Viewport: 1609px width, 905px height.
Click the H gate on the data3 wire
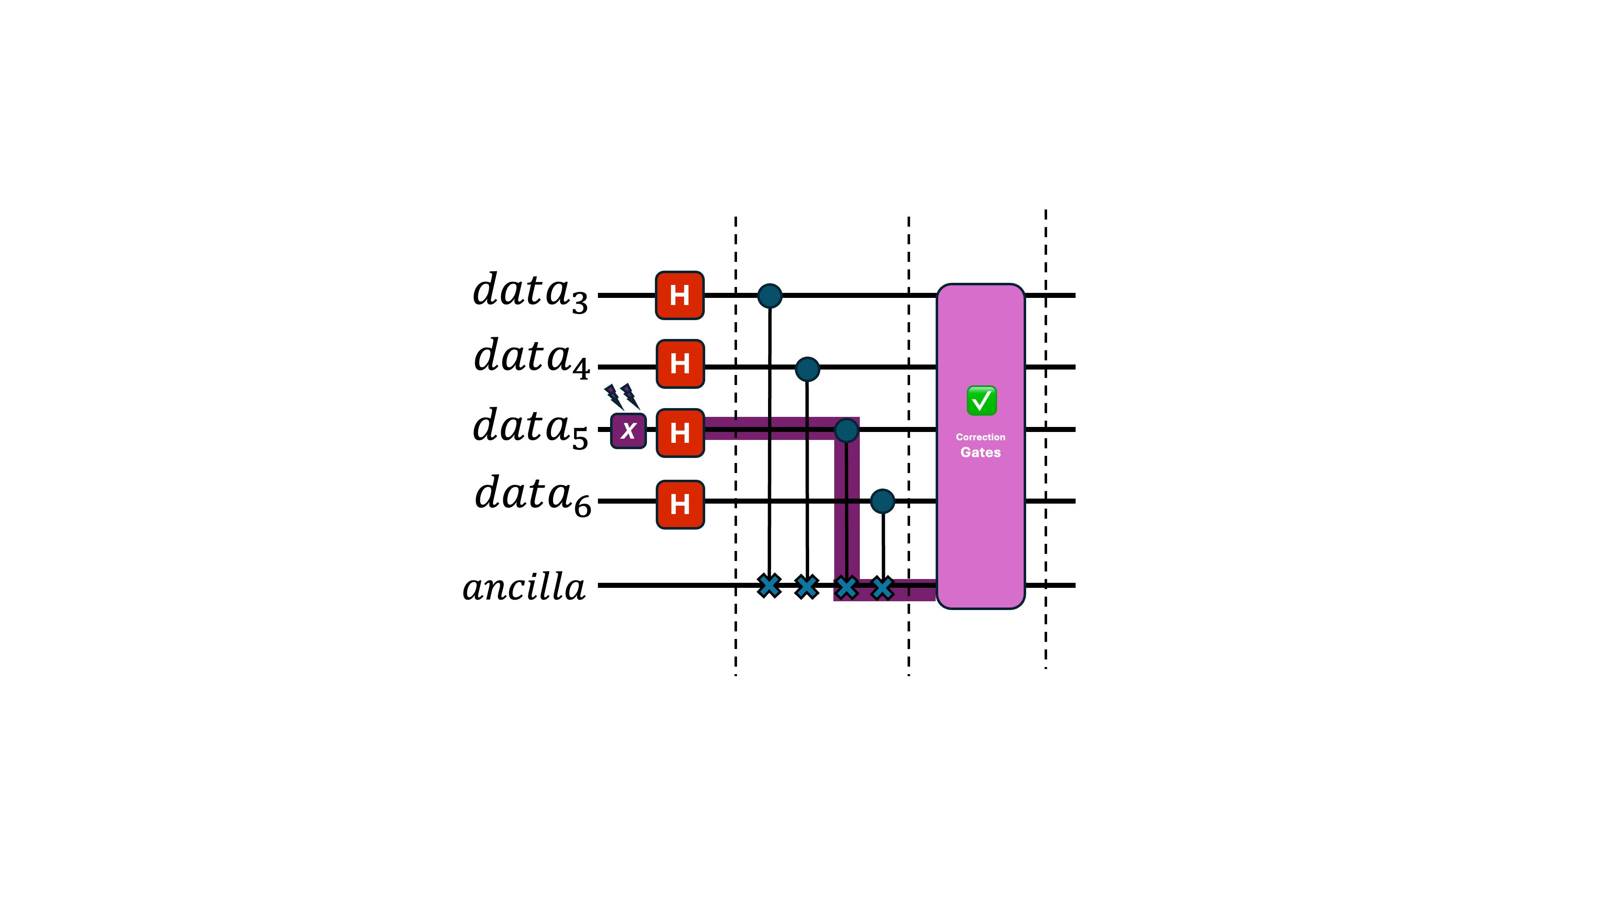(680, 295)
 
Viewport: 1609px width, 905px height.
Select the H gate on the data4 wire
(680, 364)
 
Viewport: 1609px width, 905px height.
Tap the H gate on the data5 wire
(680, 433)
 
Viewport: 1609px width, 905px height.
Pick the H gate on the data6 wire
(680, 504)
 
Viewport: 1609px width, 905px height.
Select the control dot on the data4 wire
(807, 369)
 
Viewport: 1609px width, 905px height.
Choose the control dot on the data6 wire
(882, 501)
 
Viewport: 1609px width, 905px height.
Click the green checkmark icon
(981, 401)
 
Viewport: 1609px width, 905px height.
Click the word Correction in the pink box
(980, 437)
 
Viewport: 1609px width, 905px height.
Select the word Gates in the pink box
(980, 452)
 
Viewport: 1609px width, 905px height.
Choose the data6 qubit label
(532, 495)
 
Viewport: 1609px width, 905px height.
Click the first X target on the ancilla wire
(769, 586)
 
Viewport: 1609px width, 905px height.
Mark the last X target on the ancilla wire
(882, 587)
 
